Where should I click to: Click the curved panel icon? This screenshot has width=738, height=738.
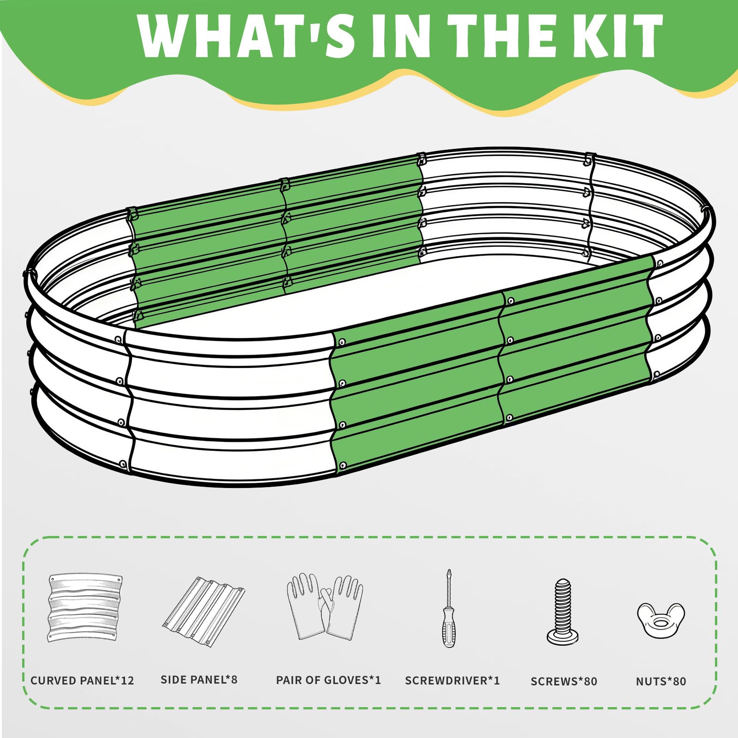[85, 608]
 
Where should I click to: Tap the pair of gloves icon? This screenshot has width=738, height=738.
[325, 606]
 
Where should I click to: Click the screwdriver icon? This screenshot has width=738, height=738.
[448, 608]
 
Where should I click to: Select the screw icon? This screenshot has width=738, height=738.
[563, 612]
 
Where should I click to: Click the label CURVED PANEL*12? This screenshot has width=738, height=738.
[82, 680]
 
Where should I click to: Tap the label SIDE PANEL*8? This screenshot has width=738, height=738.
[199, 679]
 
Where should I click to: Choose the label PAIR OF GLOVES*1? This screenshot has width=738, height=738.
[328, 680]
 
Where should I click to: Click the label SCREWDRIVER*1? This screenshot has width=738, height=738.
[452, 680]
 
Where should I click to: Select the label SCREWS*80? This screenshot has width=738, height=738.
[564, 681]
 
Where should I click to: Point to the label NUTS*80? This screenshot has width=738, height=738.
[661, 681]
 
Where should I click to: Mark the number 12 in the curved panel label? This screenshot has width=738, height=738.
[127, 680]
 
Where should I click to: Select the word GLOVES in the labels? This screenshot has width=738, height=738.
[345, 680]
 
